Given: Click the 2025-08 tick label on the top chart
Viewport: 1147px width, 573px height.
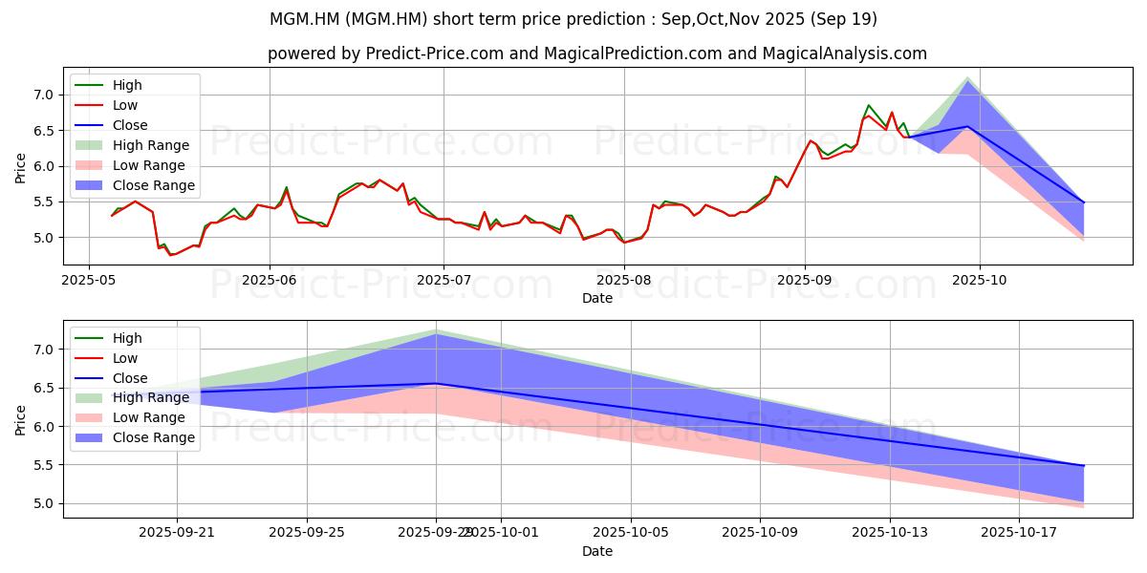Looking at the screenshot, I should [x=624, y=280].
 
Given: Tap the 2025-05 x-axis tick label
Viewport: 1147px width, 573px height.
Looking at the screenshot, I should [x=89, y=280].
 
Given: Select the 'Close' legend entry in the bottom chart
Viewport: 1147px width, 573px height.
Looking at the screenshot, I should [x=130, y=378].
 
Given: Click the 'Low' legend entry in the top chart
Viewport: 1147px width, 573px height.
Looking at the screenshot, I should [x=125, y=105].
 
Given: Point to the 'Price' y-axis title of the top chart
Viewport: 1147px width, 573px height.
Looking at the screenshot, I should [x=21, y=166].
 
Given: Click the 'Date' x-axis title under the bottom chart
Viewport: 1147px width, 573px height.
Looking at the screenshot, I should [x=597, y=551].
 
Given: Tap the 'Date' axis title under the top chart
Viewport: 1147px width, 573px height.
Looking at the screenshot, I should [x=597, y=298].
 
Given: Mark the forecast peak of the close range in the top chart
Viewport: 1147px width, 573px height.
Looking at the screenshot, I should [x=968, y=80].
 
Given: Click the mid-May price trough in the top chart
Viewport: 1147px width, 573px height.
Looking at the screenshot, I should [x=171, y=255].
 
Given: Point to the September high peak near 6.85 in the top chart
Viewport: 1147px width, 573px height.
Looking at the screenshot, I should [x=868, y=105].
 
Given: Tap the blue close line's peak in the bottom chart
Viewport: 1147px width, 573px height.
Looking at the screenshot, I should [x=436, y=384].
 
